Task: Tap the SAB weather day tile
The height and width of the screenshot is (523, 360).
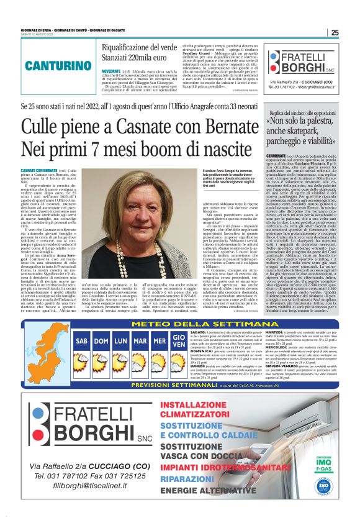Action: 81,342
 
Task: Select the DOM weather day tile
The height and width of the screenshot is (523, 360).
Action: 101,342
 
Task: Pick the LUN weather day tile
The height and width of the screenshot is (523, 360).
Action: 121,342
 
